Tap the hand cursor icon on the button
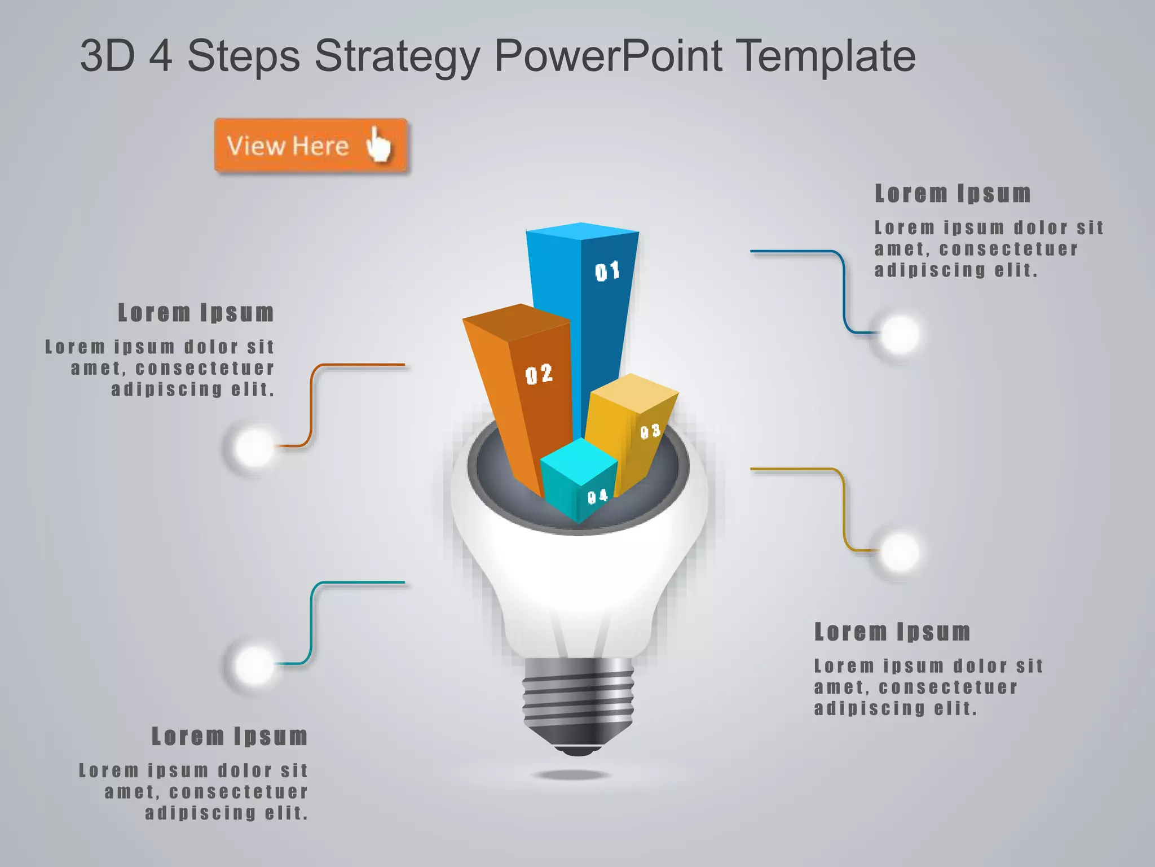(378, 144)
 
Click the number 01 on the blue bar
(607, 272)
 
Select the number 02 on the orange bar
(539, 374)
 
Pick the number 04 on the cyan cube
(598, 497)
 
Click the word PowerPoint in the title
(609, 56)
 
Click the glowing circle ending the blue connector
(900, 334)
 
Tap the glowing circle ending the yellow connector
(900, 551)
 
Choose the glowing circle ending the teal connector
(254, 665)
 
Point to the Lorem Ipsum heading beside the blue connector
(953, 194)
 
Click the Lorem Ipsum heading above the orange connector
(196, 313)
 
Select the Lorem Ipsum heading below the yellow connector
(892, 632)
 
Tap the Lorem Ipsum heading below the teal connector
(230, 737)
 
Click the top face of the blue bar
(582, 231)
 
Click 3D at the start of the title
(107, 56)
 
